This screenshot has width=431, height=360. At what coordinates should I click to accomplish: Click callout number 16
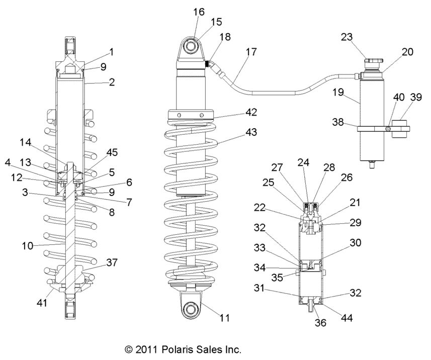click(199, 12)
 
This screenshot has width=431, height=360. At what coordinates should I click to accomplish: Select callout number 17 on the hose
click(251, 52)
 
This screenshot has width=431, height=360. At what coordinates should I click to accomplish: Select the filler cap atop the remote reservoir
click(373, 62)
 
